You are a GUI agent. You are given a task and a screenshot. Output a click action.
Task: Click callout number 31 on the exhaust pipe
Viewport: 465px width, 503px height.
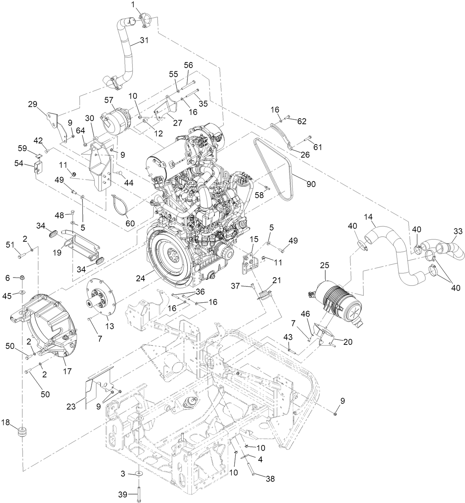click(144, 41)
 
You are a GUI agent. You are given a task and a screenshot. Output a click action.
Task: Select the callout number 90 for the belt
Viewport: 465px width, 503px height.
click(311, 184)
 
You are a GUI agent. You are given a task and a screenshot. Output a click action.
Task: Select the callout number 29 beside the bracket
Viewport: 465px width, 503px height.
click(33, 104)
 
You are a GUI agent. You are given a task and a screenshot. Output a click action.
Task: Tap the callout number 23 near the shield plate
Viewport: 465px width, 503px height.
click(71, 407)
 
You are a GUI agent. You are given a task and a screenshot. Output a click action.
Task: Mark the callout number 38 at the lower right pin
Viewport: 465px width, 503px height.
click(271, 479)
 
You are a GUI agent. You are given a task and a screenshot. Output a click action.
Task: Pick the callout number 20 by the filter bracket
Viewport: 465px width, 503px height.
click(347, 342)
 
